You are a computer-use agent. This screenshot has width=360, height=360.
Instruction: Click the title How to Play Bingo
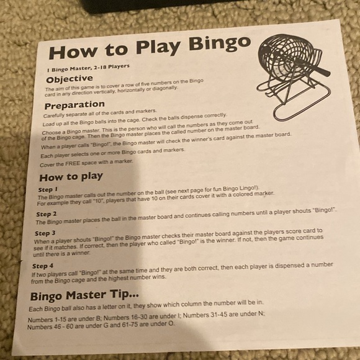pos(150,48)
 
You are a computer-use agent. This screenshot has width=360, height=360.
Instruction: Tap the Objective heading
pos(70,79)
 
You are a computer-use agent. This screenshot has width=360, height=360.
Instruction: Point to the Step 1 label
pos(48,189)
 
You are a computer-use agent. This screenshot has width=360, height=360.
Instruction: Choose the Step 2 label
pos(48,214)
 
